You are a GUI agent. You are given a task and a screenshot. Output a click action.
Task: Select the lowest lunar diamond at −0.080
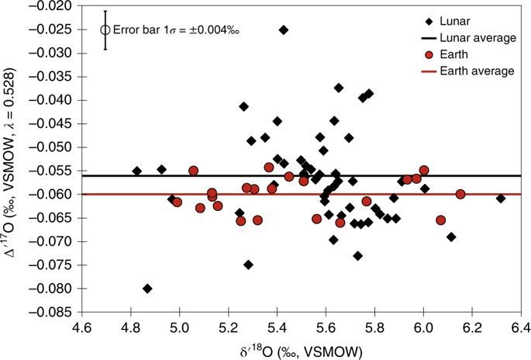click(147, 289)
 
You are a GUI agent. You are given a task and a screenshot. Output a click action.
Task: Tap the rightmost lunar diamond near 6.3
click(501, 199)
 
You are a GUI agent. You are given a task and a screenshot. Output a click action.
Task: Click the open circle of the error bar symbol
click(105, 30)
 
